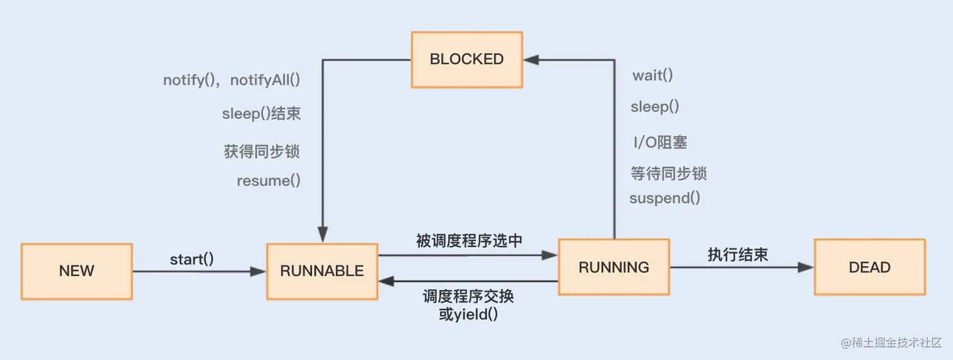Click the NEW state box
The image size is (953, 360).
click(x=76, y=271)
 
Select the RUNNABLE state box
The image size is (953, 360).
click(x=322, y=271)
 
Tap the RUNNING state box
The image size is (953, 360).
click(x=614, y=267)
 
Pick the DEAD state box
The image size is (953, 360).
click(x=870, y=267)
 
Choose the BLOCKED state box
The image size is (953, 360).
click(x=466, y=59)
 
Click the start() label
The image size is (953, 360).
click(x=192, y=259)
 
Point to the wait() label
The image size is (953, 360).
click(x=653, y=76)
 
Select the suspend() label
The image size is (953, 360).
click(x=665, y=198)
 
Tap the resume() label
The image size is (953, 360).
click(x=269, y=181)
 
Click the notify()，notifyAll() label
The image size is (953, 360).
click(x=231, y=81)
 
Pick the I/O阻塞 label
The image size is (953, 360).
click(x=660, y=142)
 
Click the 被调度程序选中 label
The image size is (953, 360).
click(x=469, y=240)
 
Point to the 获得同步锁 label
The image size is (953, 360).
click(x=262, y=151)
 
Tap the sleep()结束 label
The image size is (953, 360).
click(x=261, y=114)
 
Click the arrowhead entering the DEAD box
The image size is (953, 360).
click(x=806, y=267)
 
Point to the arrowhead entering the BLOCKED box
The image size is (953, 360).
click(x=531, y=60)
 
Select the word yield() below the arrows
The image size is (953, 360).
click(x=475, y=314)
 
